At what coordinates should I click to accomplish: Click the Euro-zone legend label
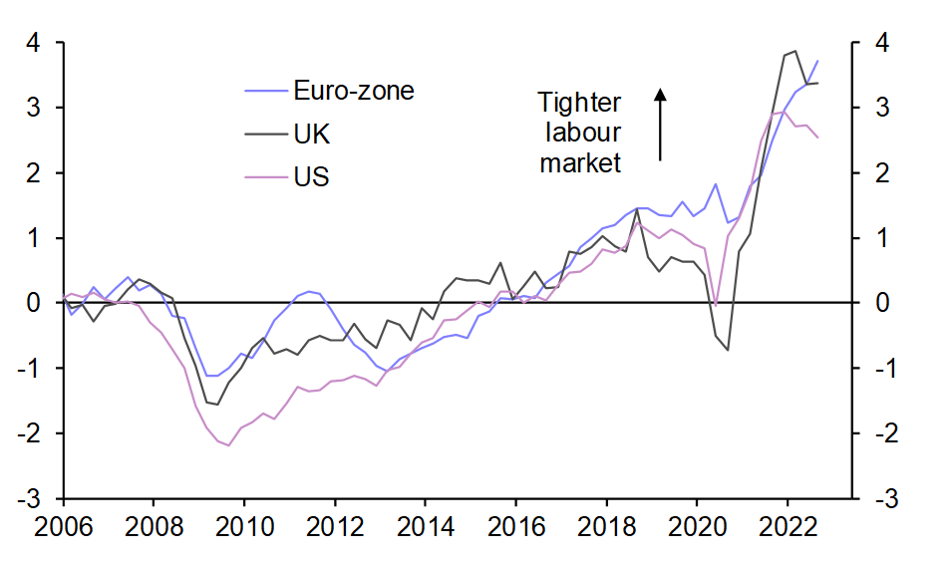tap(353, 91)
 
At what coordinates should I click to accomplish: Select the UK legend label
tap(311, 135)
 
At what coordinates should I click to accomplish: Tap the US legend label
tap(311, 177)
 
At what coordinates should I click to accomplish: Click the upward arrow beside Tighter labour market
tap(660, 125)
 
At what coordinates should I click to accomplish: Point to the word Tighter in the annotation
tap(579, 103)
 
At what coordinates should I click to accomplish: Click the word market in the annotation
tap(579, 162)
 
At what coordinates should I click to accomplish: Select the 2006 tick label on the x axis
tap(62, 523)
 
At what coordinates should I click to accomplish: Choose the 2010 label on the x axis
tap(243, 523)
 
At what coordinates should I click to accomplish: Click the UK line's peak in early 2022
tap(794, 51)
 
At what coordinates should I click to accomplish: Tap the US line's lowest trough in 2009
tap(229, 445)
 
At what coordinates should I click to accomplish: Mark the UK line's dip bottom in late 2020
tap(728, 350)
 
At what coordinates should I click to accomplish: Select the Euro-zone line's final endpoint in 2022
tap(818, 61)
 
